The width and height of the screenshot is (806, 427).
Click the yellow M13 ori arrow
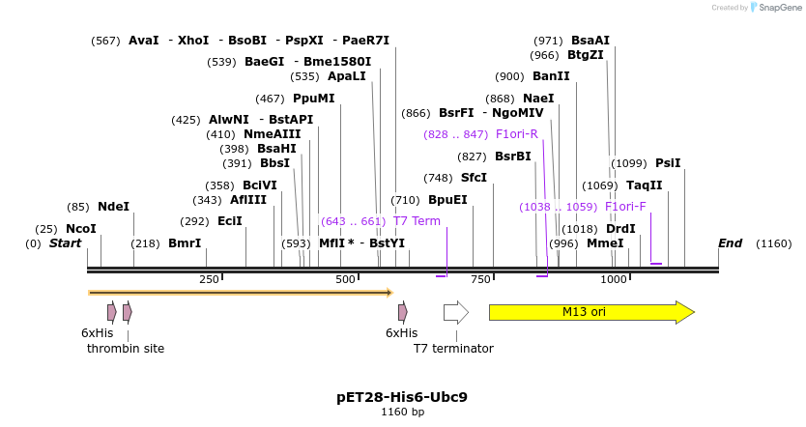(x=590, y=312)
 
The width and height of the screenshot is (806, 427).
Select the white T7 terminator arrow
(x=455, y=312)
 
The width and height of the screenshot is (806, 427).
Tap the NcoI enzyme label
(x=81, y=229)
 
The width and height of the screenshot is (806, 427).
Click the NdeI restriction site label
(x=113, y=207)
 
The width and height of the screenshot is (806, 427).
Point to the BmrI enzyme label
(x=185, y=243)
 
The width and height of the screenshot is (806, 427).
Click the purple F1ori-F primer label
(x=625, y=207)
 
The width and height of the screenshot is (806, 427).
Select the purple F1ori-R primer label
(x=516, y=134)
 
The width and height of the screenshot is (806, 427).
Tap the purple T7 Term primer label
(x=417, y=221)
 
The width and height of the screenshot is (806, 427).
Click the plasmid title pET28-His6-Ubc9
(x=402, y=396)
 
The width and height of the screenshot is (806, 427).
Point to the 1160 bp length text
(x=402, y=413)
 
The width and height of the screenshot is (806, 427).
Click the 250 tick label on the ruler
(x=209, y=279)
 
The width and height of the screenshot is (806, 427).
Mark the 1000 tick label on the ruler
(x=615, y=279)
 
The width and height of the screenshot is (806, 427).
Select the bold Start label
(x=65, y=243)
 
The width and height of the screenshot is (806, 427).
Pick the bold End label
(x=730, y=243)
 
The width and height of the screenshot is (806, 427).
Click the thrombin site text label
(x=126, y=348)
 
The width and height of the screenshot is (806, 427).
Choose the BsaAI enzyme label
(x=590, y=41)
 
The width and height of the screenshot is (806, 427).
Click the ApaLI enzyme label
(x=347, y=76)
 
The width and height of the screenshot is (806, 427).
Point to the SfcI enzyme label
(x=474, y=178)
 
